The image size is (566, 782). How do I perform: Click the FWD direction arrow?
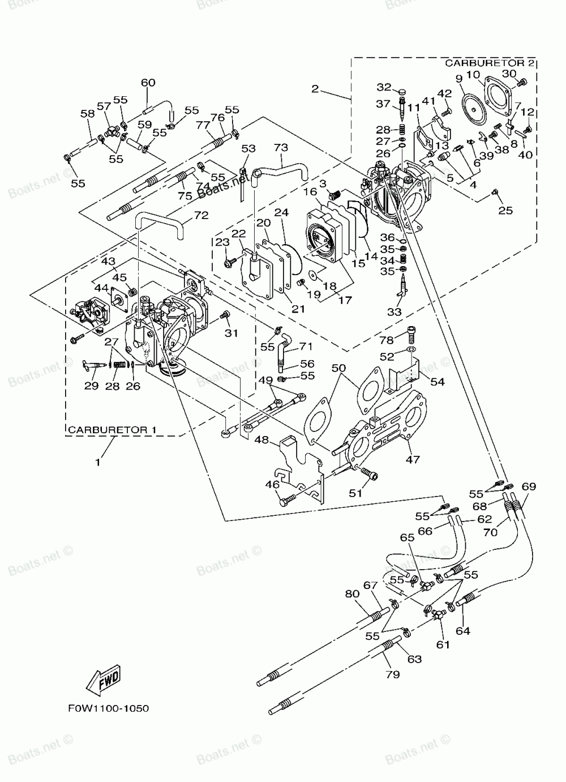[103, 679]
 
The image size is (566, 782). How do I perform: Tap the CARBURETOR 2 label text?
[490, 63]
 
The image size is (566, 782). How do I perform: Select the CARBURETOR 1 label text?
[112, 430]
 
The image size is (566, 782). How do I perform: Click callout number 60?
[148, 83]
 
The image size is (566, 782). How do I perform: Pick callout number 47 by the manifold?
[413, 459]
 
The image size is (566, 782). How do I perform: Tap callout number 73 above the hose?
[281, 147]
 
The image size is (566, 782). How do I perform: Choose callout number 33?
[395, 311]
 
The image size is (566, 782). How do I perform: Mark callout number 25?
[505, 210]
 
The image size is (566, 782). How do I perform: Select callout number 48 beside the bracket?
[261, 439]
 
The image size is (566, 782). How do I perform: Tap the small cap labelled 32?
[402, 92]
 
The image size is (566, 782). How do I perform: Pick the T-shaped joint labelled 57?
[112, 131]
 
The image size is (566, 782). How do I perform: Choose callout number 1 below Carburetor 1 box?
[98, 462]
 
